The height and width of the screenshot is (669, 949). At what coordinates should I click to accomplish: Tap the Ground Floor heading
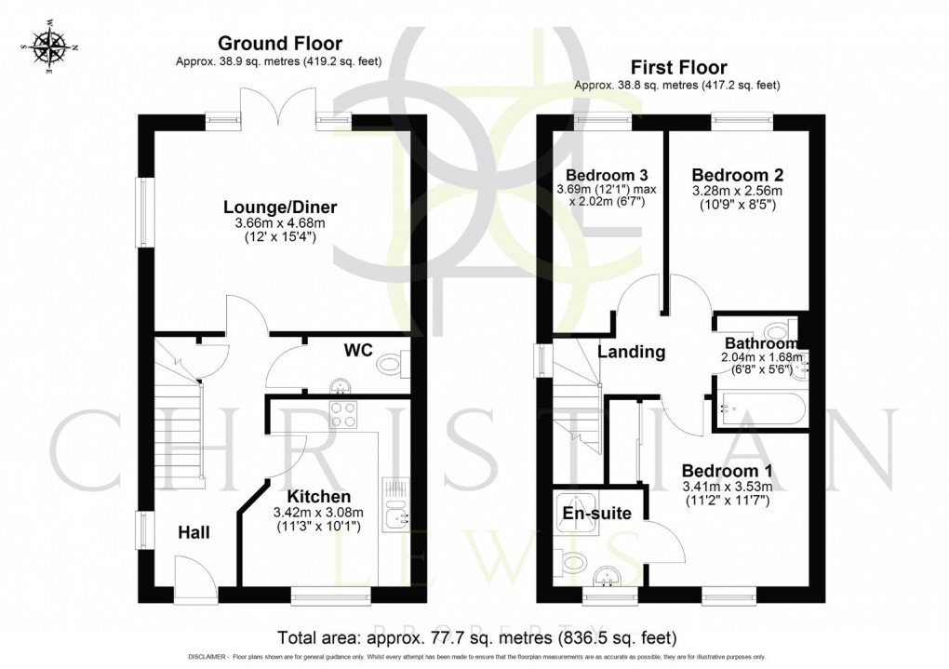tap(279, 43)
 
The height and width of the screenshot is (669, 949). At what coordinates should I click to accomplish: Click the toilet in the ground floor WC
tap(392, 367)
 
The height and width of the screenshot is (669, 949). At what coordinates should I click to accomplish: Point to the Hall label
tap(194, 533)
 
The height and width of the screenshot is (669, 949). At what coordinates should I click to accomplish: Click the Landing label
tap(631, 352)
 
